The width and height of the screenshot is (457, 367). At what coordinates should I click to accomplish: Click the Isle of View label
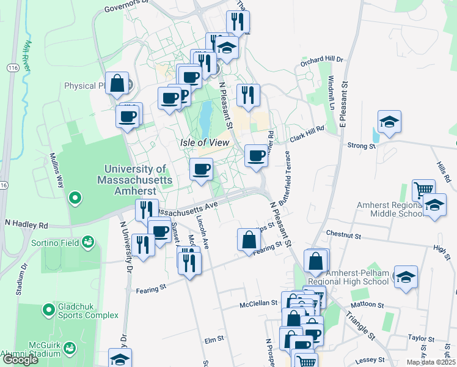[204, 142]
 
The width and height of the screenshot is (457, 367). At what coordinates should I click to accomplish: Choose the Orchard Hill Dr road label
[322, 62]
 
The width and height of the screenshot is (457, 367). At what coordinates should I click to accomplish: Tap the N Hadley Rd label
[27, 224]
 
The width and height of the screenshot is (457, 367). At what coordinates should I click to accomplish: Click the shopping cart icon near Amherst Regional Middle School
[423, 190]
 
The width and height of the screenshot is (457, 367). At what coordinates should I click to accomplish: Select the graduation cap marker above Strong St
[389, 122]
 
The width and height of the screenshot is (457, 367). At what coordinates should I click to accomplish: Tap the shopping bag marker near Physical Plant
[117, 83]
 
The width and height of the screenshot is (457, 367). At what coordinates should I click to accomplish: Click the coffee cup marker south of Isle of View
[201, 169]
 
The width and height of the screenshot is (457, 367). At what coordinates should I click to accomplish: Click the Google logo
[20, 360]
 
